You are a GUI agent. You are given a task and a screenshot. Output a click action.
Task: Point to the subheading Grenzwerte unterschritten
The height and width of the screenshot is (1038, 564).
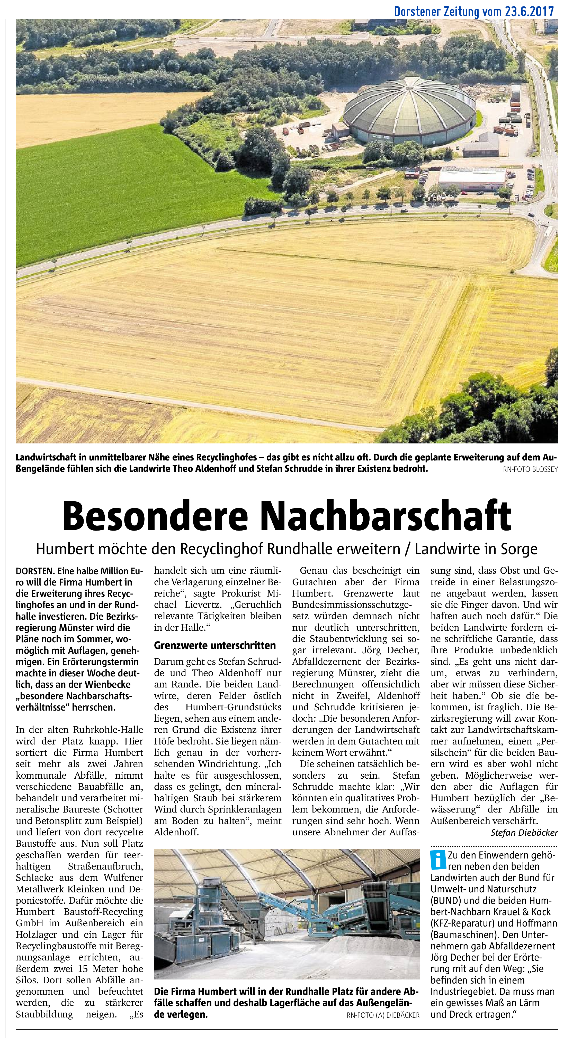coord(215,645)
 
